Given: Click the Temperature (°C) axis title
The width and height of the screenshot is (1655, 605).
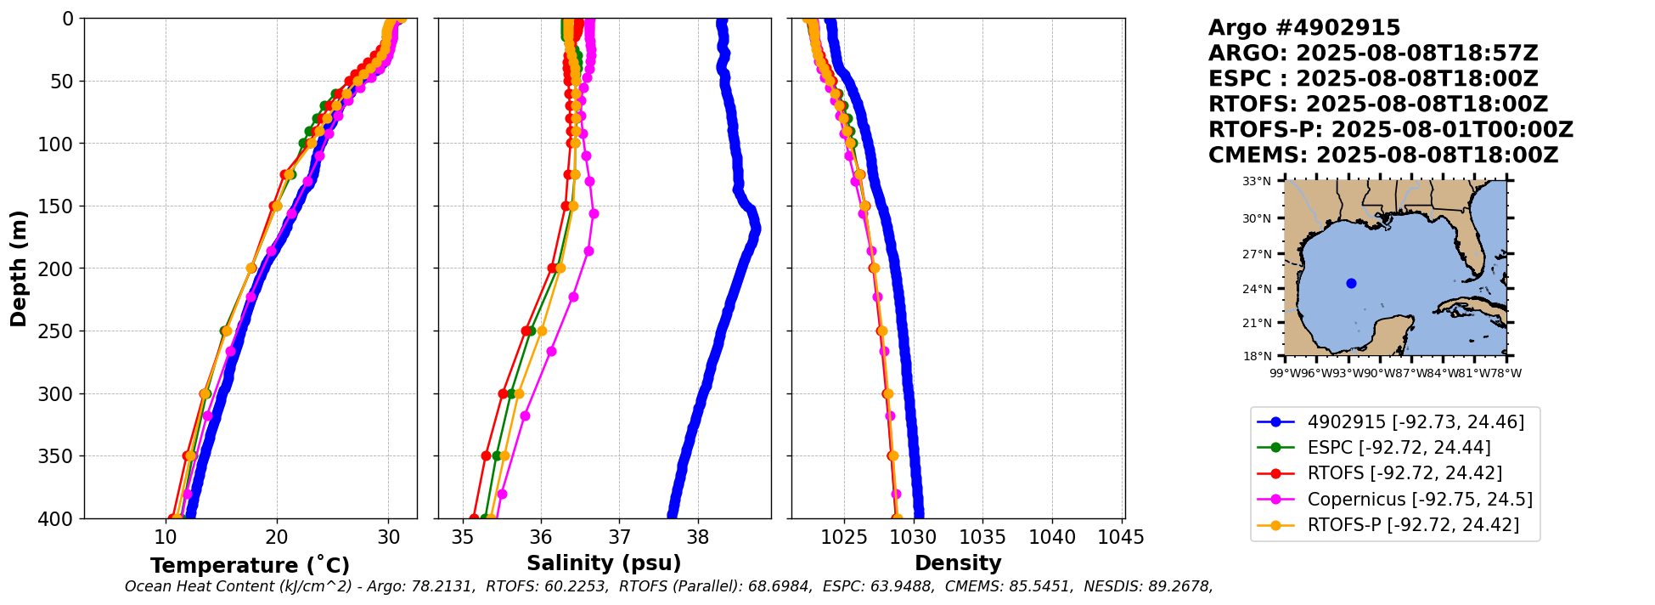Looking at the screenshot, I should pyautogui.click(x=250, y=566).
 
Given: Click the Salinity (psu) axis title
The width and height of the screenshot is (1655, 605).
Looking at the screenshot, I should pyautogui.click(x=604, y=563).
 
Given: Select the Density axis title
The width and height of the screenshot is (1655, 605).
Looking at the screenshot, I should pyautogui.click(x=958, y=563).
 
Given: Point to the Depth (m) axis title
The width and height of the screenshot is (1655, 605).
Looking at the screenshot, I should pyautogui.click(x=19, y=268).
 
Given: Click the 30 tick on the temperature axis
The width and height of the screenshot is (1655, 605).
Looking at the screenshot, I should pyautogui.click(x=388, y=538).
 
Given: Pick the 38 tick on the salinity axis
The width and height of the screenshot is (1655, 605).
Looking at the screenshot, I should pyautogui.click(x=698, y=538).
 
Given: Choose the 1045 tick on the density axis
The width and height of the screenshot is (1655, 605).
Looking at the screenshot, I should pyautogui.click(x=1122, y=538).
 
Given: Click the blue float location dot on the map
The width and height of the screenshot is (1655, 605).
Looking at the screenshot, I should pyautogui.click(x=1351, y=283).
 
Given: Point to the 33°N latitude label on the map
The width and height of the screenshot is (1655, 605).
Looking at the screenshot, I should pyautogui.click(x=1257, y=181).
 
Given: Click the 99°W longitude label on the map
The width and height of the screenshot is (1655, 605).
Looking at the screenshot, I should pyautogui.click(x=1285, y=373).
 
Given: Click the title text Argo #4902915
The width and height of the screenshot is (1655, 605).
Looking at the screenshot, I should pyautogui.click(x=1304, y=28).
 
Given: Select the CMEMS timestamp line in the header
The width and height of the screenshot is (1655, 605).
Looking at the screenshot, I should pyautogui.click(x=1383, y=155).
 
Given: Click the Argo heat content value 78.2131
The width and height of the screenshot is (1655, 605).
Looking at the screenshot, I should pyautogui.click(x=442, y=586).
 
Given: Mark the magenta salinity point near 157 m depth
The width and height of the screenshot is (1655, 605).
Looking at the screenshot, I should pyautogui.click(x=594, y=214).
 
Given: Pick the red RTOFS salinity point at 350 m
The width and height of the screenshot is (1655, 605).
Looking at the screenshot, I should pyautogui.click(x=486, y=455).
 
